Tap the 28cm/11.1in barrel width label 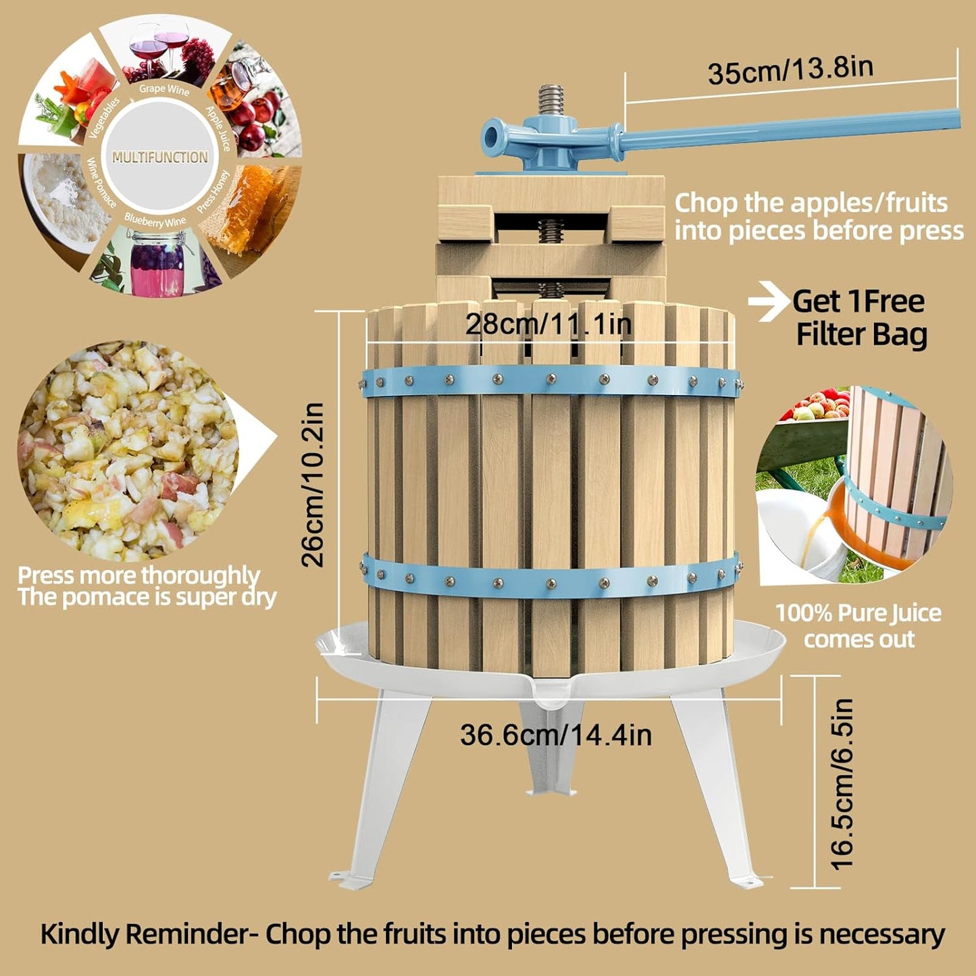coord(548,325)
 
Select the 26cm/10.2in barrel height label coord(313,484)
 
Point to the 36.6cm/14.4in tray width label coord(555,735)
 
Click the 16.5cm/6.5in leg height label coord(842,784)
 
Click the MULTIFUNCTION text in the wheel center coord(160,157)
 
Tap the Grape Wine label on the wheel coord(164,88)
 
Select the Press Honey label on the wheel coord(213,192)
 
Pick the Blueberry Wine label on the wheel coord(155,221)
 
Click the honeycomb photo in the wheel coord(250,206)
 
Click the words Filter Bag coord(861,335)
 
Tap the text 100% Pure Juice coord(858,613)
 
